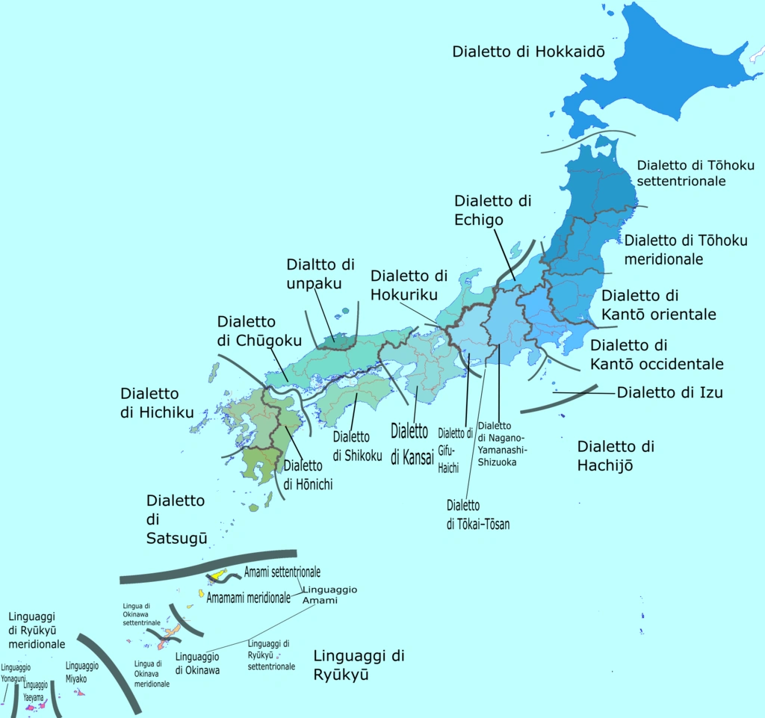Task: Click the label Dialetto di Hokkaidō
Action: [x=528, y=52]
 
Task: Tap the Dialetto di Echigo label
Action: [x=493, y=210]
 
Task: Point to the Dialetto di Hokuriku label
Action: [x=409, y=285]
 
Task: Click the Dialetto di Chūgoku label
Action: [x=259, y=331]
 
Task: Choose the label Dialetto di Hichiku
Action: [x=157, y=403]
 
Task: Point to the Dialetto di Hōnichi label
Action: [x=307, y=475]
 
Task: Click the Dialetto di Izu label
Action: [x=669, y=392]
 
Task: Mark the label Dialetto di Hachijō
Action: [x=616, y=456]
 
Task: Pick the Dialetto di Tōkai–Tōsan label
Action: [x=478, y=515]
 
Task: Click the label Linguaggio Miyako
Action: [x=81, y=672]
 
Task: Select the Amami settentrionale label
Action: [x=282, y=572]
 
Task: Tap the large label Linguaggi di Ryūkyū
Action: [x=359, y=665]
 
